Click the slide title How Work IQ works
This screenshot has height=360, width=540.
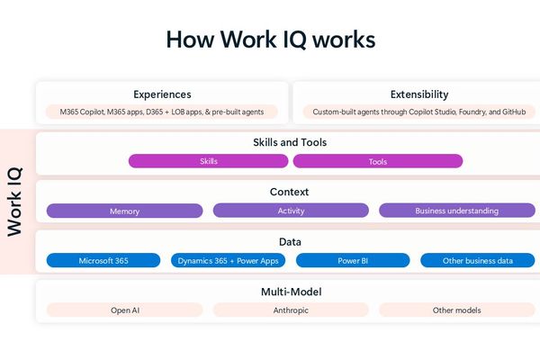coord(270,40)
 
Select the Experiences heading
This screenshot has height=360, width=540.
coord(162,94)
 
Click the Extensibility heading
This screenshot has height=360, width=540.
coord(419,94)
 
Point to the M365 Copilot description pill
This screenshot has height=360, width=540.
coord(162,112)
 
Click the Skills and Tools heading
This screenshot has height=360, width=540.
coord(290,142)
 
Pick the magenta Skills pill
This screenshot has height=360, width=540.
coord(208,161)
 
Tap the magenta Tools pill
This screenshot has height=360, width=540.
coord(378,161)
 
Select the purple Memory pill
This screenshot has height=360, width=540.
coord(124,211)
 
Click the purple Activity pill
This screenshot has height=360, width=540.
coord(291,211)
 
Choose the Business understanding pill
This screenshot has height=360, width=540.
coord(456,211)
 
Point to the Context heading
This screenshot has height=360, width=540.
coord(290,192)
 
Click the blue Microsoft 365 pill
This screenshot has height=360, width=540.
coord(103,260)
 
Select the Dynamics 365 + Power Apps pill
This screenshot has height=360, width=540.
coord(229,260)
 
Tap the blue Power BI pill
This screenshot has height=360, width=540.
coord(353,260)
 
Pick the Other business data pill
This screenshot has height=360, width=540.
coord(478,260)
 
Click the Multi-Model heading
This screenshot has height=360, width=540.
coord(291,292)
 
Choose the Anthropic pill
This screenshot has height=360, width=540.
coord(291,310)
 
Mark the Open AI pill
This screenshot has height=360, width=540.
coord(124,310)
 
